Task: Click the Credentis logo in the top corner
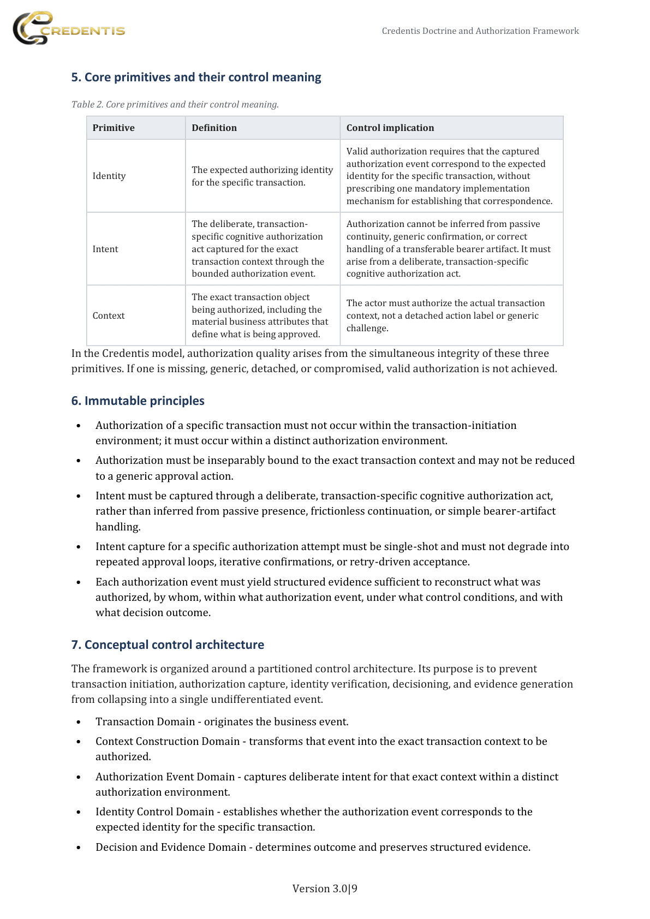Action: coord(69,28)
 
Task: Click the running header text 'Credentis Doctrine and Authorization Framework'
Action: coord(480,31)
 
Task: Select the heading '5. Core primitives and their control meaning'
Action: coord(196,77)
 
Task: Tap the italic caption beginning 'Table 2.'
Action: coord(175,104)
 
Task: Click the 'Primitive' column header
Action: coord(114,128)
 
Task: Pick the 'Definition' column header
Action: coord(214,128)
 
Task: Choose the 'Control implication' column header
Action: coord(390,128)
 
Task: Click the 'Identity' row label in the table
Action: coord(109,176)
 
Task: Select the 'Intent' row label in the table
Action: coord(105,249)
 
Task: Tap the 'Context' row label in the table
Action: coord(109,315)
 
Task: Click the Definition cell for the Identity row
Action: coord(262,176)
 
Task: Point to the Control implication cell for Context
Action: coord(445,315)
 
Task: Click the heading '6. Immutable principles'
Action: coord(138,401)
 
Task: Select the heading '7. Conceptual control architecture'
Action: coord(168,645)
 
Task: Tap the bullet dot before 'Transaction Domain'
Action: coord(79,722)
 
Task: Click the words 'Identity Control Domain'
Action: coord(154,811)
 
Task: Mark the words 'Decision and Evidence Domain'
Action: coord(171,847)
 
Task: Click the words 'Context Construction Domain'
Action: coord(168,741)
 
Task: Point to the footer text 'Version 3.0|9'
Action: coord(325,888)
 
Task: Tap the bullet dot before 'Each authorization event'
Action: coord(79,582)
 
